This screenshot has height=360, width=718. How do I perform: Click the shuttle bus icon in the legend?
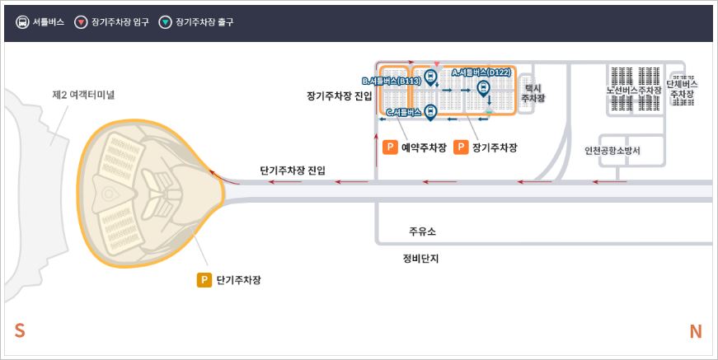tap(22, 22)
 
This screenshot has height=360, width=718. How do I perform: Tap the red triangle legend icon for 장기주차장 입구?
tap(81, 22)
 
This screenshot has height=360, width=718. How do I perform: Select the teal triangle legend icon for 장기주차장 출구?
tap(165, 22)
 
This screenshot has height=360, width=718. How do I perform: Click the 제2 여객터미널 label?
tap(83, 96)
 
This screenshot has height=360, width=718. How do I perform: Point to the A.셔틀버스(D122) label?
tap(482, 72)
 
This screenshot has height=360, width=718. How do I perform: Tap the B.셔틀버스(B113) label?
tap(392, 82)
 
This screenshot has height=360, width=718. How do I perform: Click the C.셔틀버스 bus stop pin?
tap(429, 112)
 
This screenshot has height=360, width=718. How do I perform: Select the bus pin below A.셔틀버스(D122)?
tap(484, 88)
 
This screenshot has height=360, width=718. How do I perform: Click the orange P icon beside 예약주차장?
tap(391, 148)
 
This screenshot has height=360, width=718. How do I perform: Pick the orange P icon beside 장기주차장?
tap(461, 148)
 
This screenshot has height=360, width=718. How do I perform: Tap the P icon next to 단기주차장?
tap(204, 280)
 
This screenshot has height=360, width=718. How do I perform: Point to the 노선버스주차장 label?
tap(634, 90)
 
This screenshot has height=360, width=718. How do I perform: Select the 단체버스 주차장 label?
tap(682, 89)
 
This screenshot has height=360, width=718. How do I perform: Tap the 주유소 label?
tap(421, 231)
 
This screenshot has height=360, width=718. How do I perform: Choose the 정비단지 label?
tap(420, 258)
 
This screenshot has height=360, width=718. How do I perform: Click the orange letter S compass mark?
tap(20, 331)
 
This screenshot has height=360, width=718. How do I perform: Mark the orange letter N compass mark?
tap(695, 331)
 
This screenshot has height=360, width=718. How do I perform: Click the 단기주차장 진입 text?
tap(292, 171)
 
